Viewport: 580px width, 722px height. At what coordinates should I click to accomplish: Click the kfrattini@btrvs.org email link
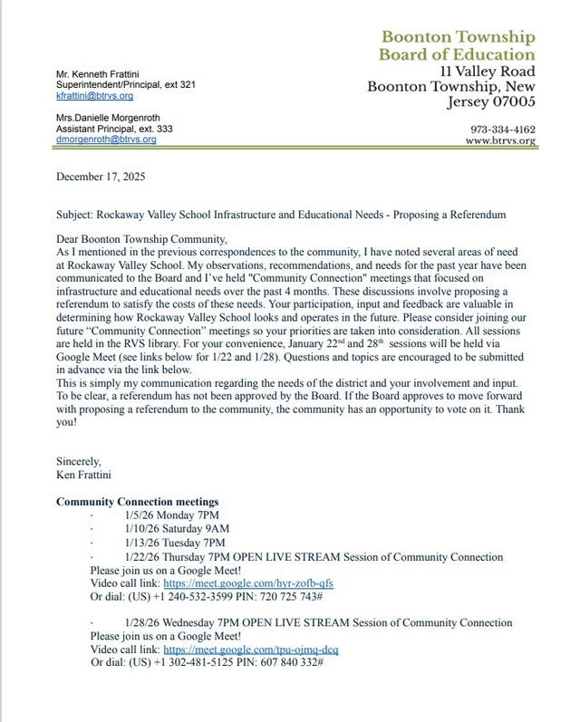(x=94, y=95)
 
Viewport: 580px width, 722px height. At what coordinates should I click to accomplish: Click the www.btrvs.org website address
(x=500, y=141)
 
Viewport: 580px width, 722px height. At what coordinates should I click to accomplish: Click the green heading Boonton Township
(x=458, y=37)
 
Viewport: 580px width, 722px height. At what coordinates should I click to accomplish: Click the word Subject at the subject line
(x=75, y=215)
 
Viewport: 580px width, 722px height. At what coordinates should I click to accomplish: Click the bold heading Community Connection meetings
(x=137, y=502)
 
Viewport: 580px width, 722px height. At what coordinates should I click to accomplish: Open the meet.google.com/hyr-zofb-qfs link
(x=248, y=584)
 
